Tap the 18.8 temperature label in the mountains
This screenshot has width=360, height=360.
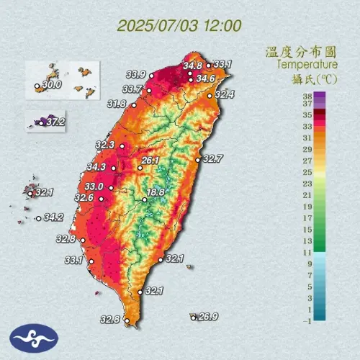[157, 192]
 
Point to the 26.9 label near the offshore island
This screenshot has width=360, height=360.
[208, 317]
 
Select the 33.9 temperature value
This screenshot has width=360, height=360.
[135, 74]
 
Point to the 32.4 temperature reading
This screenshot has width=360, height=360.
[225, 94]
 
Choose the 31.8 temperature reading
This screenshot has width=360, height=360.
[117, 104]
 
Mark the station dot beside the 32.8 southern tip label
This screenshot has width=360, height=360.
[125, 320]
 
